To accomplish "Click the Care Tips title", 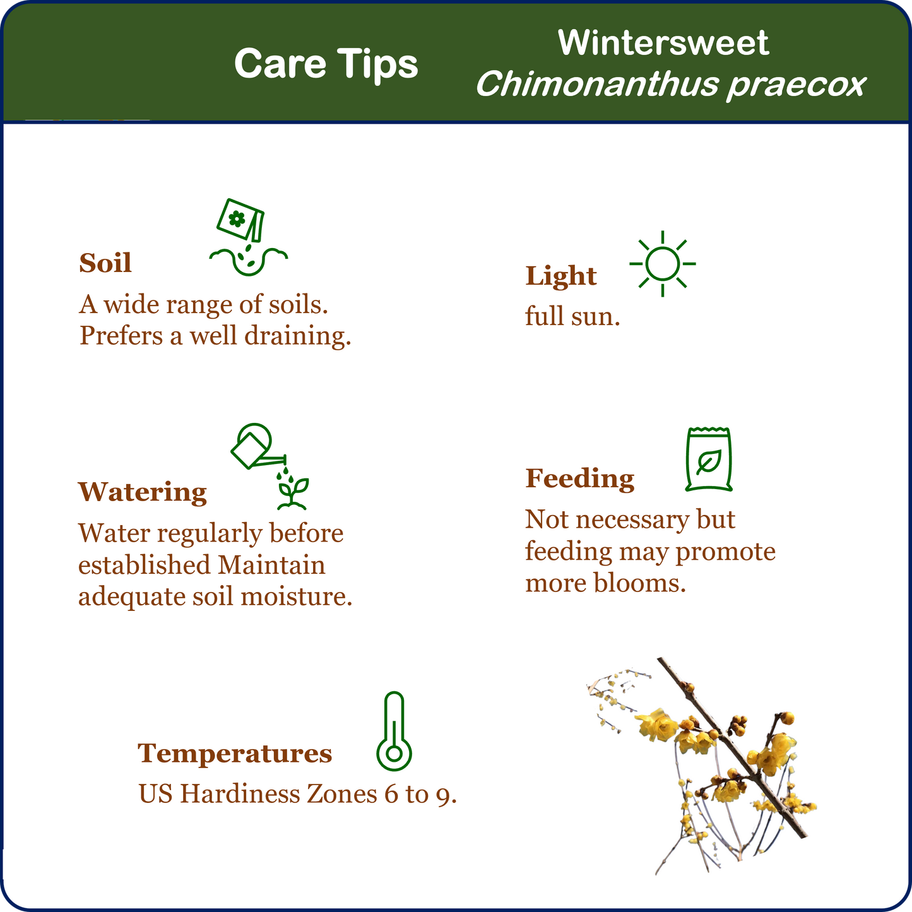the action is tap(326, 64).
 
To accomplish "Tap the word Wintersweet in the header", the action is tap(663, 43).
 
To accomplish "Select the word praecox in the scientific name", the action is tap(797, 85).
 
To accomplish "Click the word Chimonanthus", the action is tap(597, 84).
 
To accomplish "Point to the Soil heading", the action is tap(105, 263).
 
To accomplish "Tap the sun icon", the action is tap(663, 264).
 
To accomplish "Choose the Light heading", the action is tap(561, 276).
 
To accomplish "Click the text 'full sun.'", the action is tap(572, 316).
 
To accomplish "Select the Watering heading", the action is tap(143, 492).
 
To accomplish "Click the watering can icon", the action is tap(258, 446).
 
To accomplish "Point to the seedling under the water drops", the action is tap(292, 493).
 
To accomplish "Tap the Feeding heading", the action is tap(580, 478).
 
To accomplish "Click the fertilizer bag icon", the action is tap(709, 459).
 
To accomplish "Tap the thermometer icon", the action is tap(394, 731).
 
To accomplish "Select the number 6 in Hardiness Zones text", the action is tap(391, 794).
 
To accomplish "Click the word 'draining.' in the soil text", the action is tap(298, 336).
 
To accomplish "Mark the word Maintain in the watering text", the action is tap(271, 565).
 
